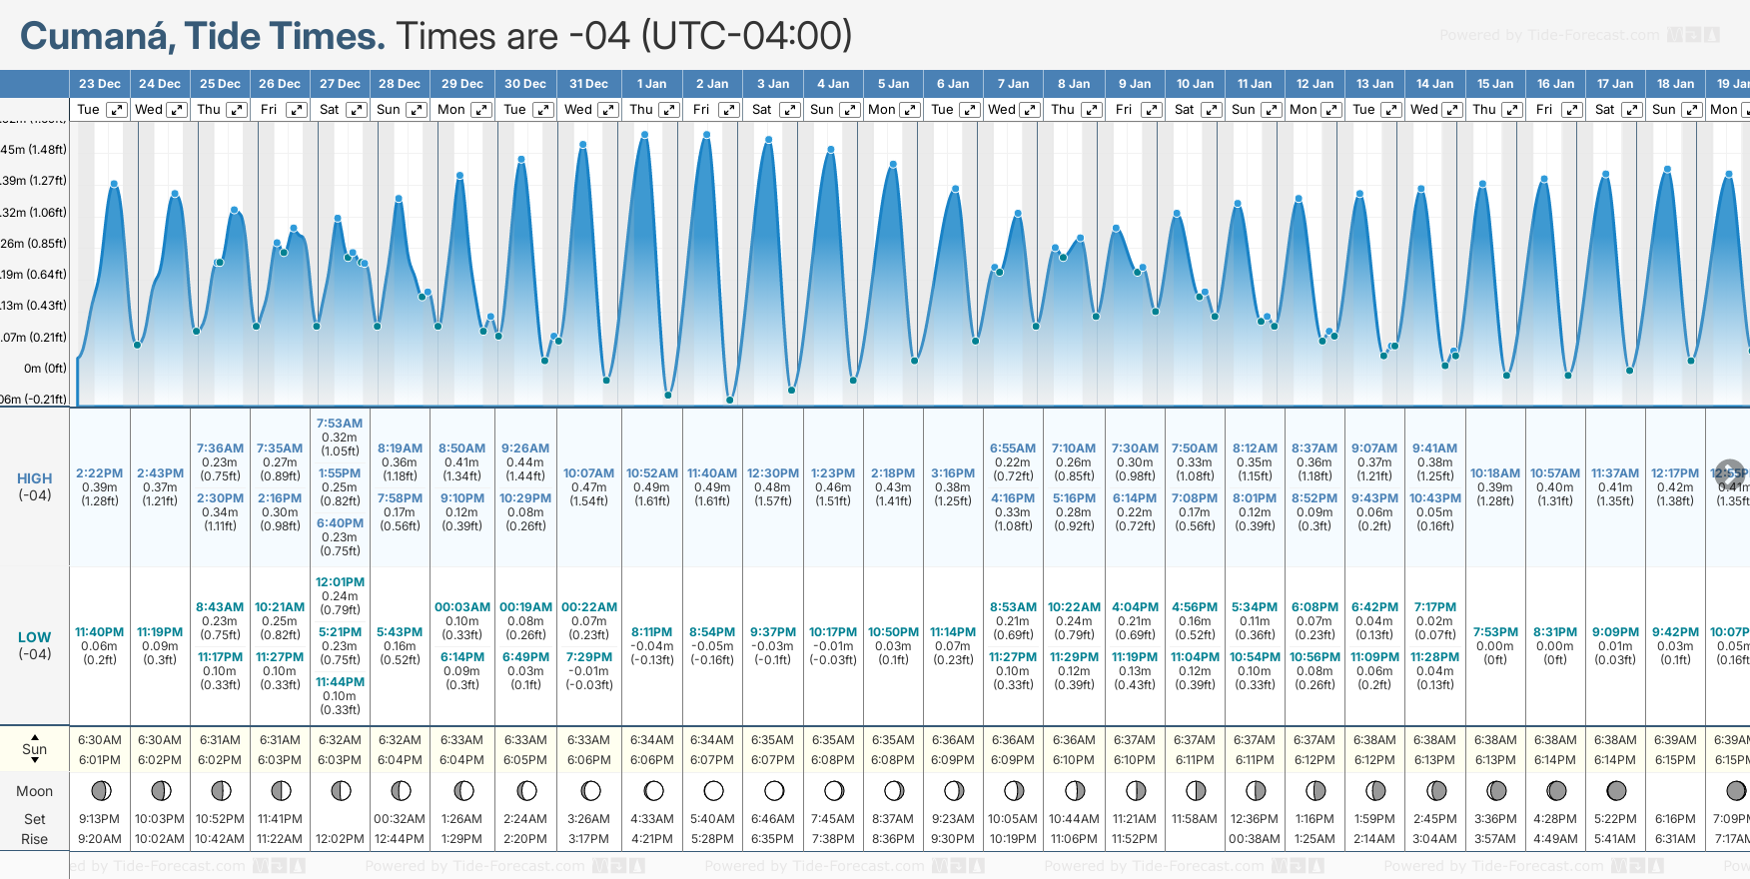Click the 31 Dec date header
point(588,84)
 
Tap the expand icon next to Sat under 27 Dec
point(357,110)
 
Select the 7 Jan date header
point(1013,84)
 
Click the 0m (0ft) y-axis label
point(45,369)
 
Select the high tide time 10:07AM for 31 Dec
point(588,473)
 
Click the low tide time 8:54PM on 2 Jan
point(712,632)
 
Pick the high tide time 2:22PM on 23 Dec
point(100,473)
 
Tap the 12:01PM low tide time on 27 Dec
point(340,582)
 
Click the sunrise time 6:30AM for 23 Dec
point(100,740)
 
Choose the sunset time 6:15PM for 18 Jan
point(1675,760)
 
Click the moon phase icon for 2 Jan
point(713,791)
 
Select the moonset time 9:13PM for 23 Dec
point(100,819)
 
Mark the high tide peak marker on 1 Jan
point(645,135)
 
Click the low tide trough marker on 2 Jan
point(730,400)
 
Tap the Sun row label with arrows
point(34,749)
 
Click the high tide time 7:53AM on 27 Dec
point(340,424)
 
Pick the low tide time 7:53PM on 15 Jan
point(1495,632)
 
